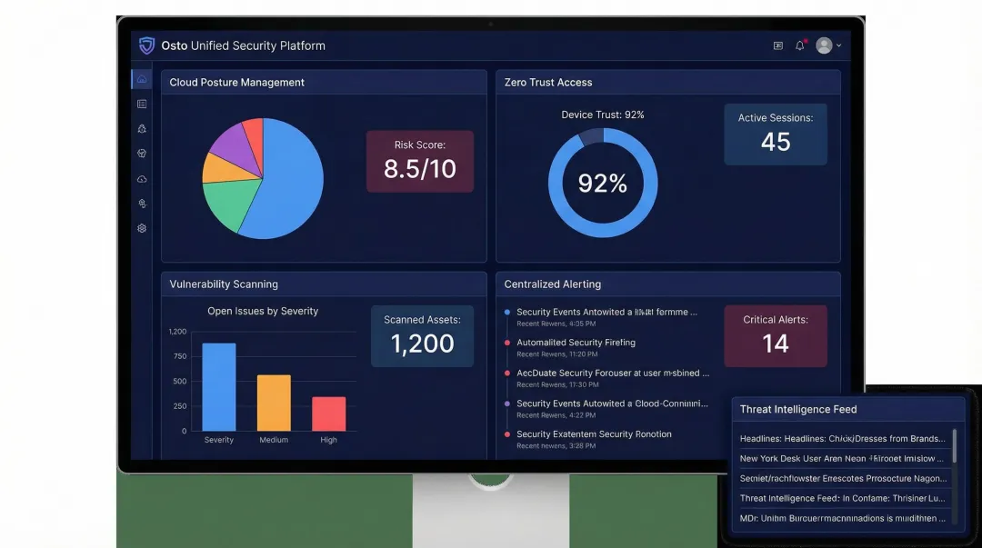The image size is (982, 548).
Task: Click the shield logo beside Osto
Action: (146, 45)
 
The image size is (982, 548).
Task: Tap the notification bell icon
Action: (800, 45)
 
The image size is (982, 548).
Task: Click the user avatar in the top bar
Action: (824, 45)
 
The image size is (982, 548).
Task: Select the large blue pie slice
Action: (286, 182)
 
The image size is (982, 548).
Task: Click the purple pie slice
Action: (228, 143)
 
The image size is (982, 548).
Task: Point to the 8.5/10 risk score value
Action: (419, 169)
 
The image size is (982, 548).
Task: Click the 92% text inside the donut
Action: (602, 184)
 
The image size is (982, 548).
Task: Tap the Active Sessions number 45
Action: (775, 142)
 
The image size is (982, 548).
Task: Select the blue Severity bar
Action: (218, 387)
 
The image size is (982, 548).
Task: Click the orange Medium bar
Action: (274, 403)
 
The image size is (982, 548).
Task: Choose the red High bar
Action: (328, 413)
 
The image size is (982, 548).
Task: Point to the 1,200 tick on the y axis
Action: (177, 332)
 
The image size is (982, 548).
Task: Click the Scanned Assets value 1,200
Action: (422, 344)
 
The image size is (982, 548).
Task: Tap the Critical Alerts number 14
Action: (775, 344)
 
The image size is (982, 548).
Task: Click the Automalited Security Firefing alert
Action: (576, 343)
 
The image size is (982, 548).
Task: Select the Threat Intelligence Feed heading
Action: (798, 409)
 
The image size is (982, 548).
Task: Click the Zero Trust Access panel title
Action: (548, 83)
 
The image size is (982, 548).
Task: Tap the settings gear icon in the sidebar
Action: (142, 228)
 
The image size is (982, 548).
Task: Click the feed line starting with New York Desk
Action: (842, 459)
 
